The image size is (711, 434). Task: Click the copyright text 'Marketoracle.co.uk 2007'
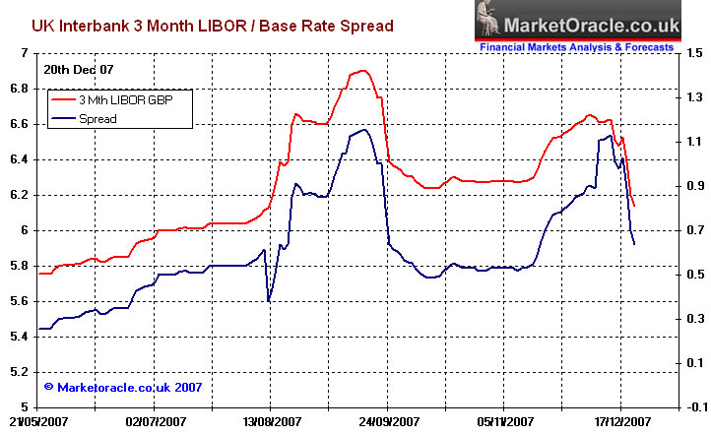tap(128, 388)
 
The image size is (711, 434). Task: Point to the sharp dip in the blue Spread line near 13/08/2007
tap(270, 300)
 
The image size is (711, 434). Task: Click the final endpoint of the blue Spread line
tap(634, 244)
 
